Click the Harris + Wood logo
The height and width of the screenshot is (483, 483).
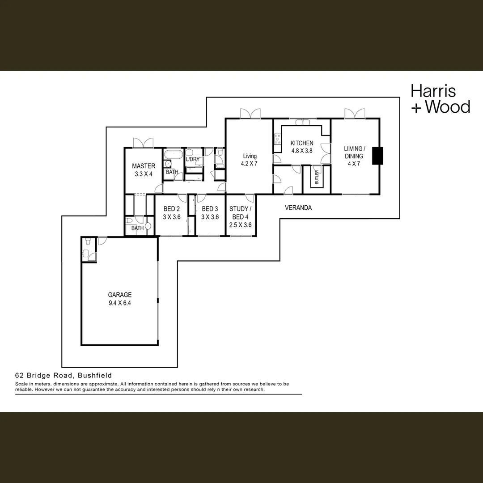click(x=440, y=99)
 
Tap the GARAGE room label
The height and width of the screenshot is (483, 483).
click(x=120, y=295)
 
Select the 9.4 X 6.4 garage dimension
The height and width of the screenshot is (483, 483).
click(x=120, y=303)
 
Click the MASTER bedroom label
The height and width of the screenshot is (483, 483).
click(x=144, y=166)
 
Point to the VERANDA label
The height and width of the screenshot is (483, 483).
click(x=298, y=208)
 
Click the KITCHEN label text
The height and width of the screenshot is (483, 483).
click(x=302, y=143)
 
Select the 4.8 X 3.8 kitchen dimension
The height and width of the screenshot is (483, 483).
click(x=302, y=151)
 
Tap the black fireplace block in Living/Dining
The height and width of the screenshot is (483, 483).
click(x=378, y=156)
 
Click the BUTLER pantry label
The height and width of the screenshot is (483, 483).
click(x=317, y=177)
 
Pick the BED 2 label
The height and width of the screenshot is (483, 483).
click(x=172, y=209)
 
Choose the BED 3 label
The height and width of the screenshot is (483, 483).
click(x=210, y=209)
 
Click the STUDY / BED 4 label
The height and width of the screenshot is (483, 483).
click(x=240, y=213)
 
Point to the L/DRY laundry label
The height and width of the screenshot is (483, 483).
click(x=193, y=160)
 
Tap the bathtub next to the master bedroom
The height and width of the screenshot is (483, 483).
click(x=172, y=155)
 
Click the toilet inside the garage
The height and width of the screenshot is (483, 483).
click(x=88, y=241)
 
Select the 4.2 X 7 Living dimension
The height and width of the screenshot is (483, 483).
click(x=250, y=164)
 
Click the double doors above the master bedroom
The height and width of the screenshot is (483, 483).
click(x=143, y=143)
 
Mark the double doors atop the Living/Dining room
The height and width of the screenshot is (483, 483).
click(x=355, y=114)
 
